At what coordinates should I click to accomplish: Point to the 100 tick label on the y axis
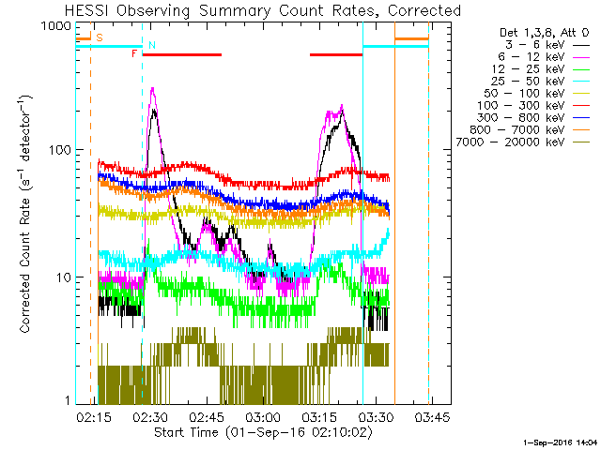click(x=58, y=150)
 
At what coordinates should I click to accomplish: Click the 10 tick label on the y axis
click(x=62, y=277)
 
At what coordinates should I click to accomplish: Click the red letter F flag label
click(x=134, y=54)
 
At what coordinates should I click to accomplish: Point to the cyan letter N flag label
click(x=152, y=45)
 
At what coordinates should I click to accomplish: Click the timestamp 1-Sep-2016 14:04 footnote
click(x=560, y=441)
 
